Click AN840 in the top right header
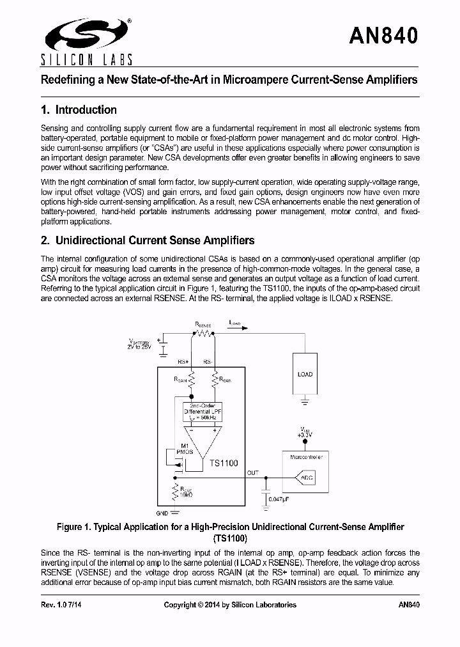point(383,36)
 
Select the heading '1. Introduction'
point(78,109)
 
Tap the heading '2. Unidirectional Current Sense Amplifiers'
point(147,240)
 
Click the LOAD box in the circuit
point(305,374)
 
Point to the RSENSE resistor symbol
point(204,332)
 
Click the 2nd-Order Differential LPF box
point(201,411)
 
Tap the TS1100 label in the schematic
point(224,462)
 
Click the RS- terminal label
point(208,362)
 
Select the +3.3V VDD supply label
point(304,433)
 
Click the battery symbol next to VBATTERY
point(162,349)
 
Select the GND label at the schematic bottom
point(163,513)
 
